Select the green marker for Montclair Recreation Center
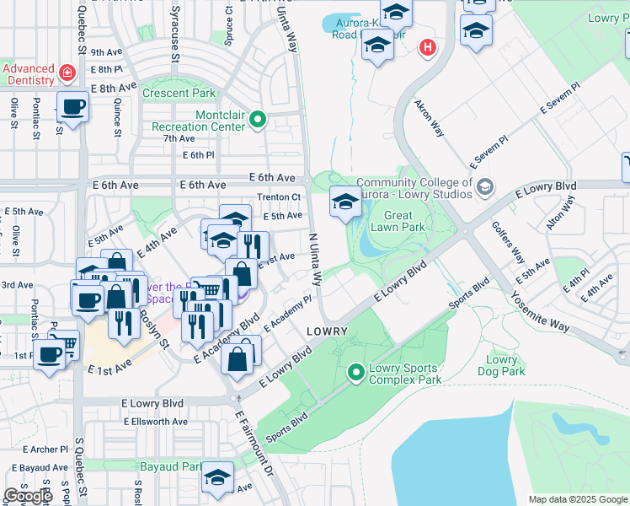click(x=258, y=121)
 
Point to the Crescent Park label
click(x=179, y=94)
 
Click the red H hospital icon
click(x=428, y=48)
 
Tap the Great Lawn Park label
click(x=398, y=221)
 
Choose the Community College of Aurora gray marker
click(x=484, y=186)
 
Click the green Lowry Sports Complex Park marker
click(x=356, y=370)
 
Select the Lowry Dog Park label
click(x=502, y=365)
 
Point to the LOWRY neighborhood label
click(x=328, y=331)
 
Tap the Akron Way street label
click(x=429, y=119)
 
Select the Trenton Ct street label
click(x=278, y=197)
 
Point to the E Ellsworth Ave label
click(x=155, y=422)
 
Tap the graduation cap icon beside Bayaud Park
click(x=218, y=479)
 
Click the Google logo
click(x=29, y=496)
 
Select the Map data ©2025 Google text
click(x=577, y=499)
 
